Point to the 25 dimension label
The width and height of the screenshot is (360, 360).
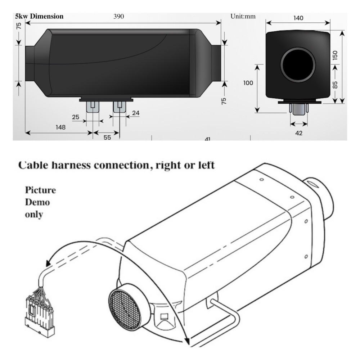(76, 117)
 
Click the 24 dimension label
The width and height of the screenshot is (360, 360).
(136, 113)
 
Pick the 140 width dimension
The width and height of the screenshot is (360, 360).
(298, 18)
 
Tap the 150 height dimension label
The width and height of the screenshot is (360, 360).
(335, 55)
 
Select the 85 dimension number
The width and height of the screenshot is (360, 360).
(335, 85)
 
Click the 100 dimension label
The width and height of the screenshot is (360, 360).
(248, 83)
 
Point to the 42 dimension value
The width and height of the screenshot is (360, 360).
(299, 133)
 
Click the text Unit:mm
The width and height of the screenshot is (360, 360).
(243, 17)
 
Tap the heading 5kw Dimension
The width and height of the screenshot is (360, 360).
(39, 16)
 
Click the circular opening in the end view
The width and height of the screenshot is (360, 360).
(298, 64)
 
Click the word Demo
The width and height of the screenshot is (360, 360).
(37, 202)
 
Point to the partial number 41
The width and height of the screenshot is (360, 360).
(207, 138)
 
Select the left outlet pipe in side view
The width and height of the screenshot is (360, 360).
(30, 64)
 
